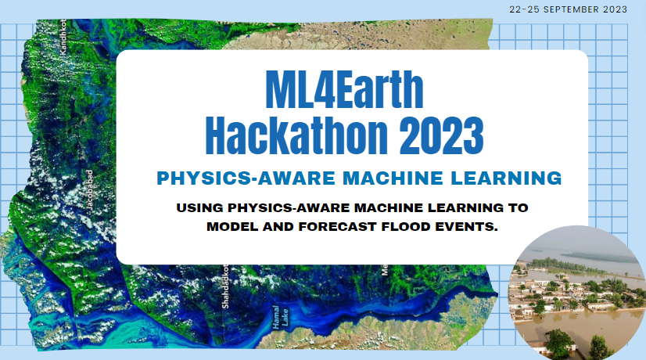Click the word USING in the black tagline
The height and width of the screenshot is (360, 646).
[202, 210]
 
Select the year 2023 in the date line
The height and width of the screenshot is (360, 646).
[615, 10]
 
